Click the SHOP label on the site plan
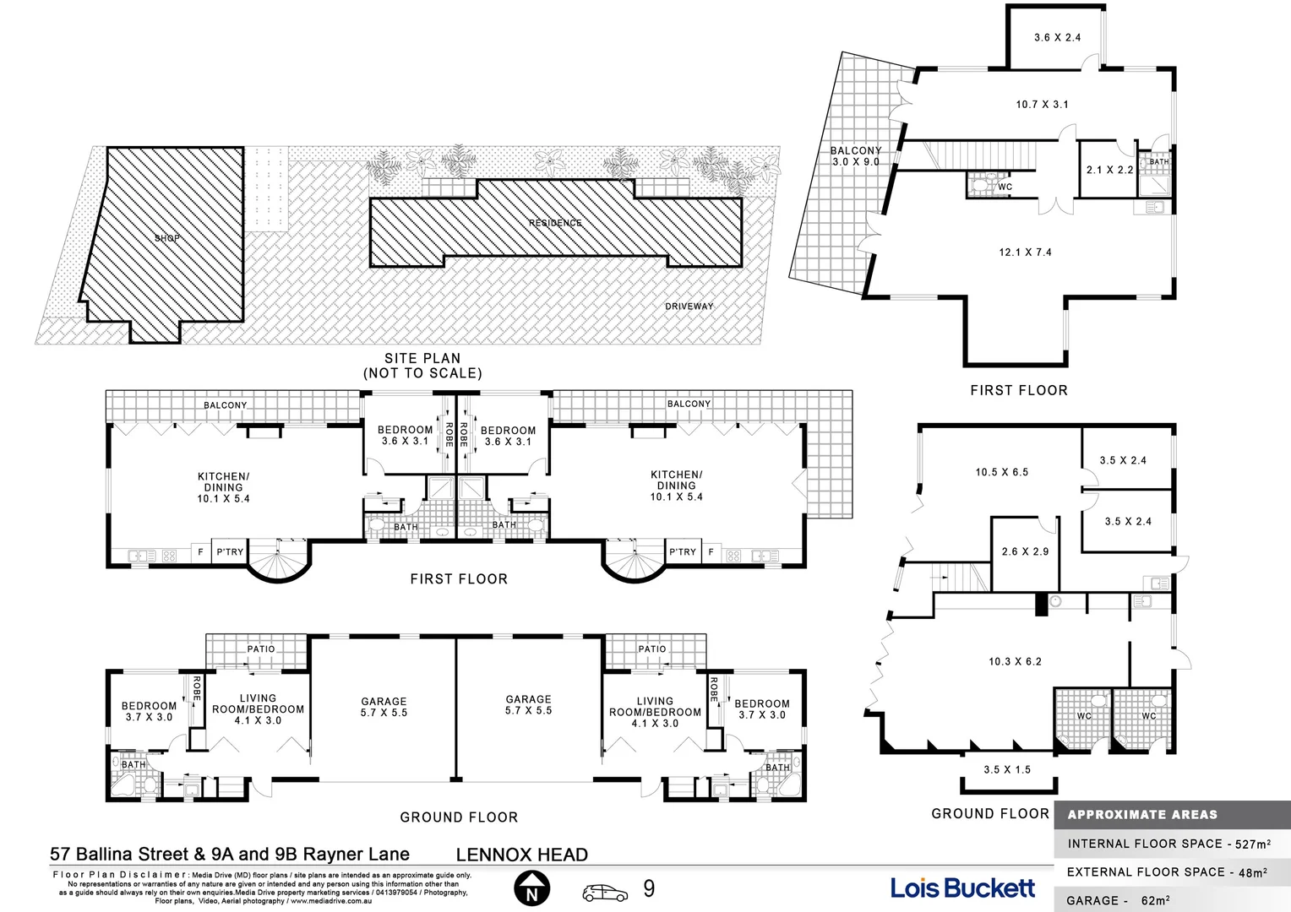[x=166, y=238]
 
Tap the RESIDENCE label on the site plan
[x=555, y=223]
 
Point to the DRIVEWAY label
[x=689, y=307]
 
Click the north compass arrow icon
[x=532, y=889]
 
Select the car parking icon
[x=605, y=892]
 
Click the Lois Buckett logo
[x=962, y=888]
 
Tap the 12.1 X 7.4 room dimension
[x=1025, y=252]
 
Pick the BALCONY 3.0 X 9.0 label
[x=856, y=156]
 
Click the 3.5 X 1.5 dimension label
[x=1007, y=770]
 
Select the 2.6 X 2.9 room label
[x=1025, y=551]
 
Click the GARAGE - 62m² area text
[x=1118, y=900]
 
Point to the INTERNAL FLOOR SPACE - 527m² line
[x=1168, y=844]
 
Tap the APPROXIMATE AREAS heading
[x=1142, y=815]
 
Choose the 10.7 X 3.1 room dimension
[x=1042, y=105]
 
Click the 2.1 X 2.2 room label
[x=1109, y=170]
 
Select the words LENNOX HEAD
[x=521, y=855]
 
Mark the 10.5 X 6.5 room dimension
[x=1001, y=473]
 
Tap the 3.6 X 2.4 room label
[x=1057, y=38]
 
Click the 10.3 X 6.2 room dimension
[x=1015, y=662]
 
